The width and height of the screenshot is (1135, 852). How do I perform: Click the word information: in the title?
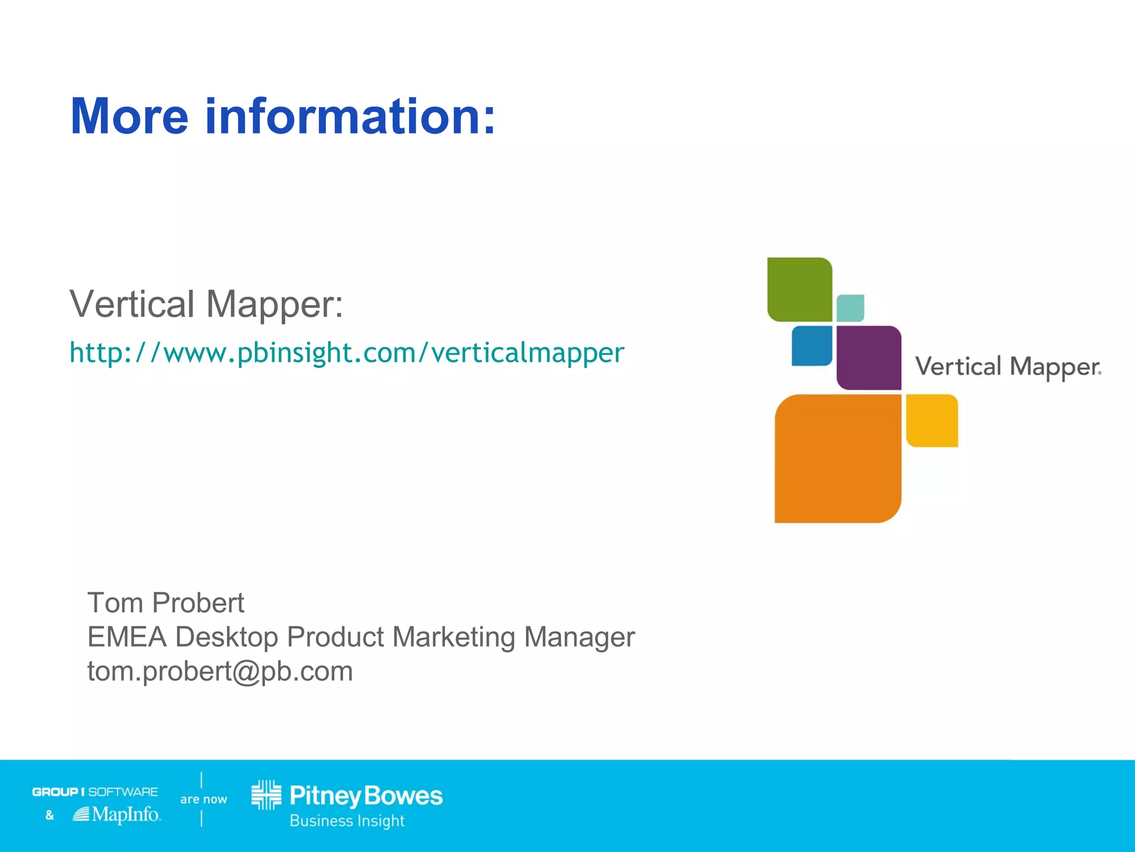tap(350, 116)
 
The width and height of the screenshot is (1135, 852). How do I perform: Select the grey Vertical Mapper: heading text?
tap(206, 304)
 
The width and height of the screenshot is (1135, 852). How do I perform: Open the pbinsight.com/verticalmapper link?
tap(347, 353)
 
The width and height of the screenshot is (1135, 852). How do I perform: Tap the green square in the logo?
tap(799, 290)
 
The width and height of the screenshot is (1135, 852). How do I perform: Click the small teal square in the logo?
tap(850, 308)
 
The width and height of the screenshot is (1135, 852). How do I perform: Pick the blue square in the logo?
tap(812, 346)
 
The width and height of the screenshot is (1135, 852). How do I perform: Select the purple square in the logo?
tap(868, 358)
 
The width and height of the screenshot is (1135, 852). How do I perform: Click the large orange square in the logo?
tap(837, 459)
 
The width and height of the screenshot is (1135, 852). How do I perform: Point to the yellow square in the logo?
tap(932, 420)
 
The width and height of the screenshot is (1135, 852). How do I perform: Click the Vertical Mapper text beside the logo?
tap(1008, 367)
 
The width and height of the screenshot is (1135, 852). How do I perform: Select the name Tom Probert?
tap(166, 603)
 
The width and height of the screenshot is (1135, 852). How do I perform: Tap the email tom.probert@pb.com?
tap(220, 671)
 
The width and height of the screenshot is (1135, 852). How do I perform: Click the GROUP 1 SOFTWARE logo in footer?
tap(95, 792)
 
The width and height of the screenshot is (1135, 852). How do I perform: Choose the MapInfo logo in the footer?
tap(117, 814)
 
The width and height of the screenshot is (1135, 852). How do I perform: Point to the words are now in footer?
tap(203, 799)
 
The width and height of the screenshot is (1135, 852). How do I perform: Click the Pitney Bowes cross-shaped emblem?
tap(267, 795)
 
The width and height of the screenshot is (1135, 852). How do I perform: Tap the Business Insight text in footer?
tap(347, 821)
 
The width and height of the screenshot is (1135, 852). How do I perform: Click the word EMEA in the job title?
tap(127, 637)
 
